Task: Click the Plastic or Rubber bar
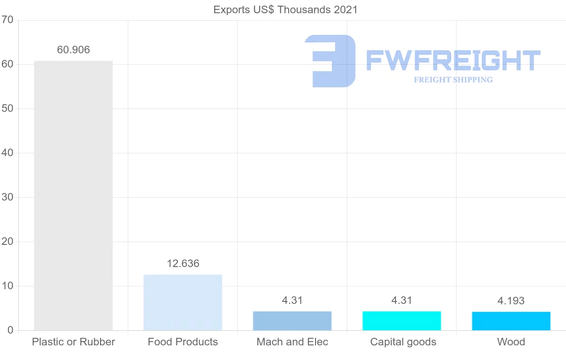click(x=73, y=195)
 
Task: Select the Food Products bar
click(x=183, y=302)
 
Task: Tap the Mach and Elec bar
click(x=292, y=321)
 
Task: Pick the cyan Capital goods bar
click(x=401, y=321)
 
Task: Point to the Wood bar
click(x=511, y=321)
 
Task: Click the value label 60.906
click(x=73, y=50)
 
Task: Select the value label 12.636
click(x=183, y=263)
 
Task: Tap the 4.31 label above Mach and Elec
click(x=292, y=300)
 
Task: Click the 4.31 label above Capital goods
click(x=402, y=300)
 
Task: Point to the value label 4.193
click(x=511, y=301)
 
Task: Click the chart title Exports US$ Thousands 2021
click(x=285, y=9)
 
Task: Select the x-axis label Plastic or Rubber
click(x=73, y=342)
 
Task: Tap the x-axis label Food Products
click(x=183, y=342)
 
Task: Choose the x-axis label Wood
click(x=511, y=342)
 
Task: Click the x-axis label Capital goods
click(x=403, y=342)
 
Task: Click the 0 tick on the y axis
click(x=10, y=330)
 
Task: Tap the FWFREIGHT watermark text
click(x=453, y=60)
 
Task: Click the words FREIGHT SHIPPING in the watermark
click(x=453, y=80)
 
